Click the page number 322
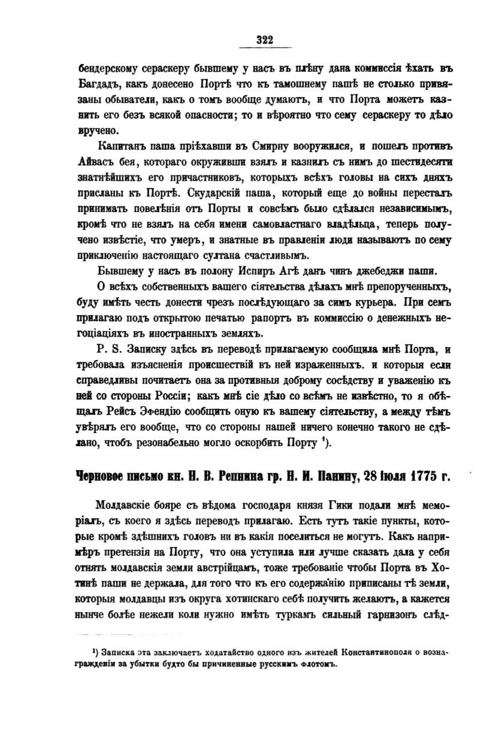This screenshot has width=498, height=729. coord(264,40)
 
